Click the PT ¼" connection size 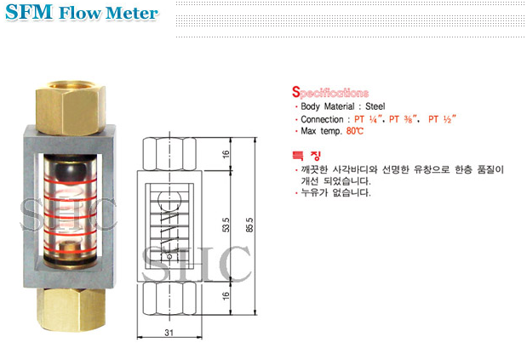[x=364, y=120]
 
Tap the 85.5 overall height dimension [x=249, y=230]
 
